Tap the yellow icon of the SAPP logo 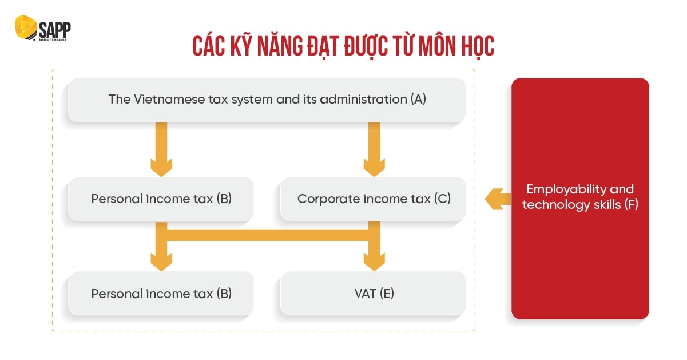pyautogui.click(x=26, y=27)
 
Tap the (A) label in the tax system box pyautogui.click(x=418, y=100)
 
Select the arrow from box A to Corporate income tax pyautogui.click(x=374, y=149)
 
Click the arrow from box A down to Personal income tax pyautogui.click(x=161, y=149)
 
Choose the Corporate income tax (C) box pyautogui.click(x=373, y=199)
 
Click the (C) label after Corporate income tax pyautogui.click(x=442, y=199)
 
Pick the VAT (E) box pyautogui.click(x=373, y=294)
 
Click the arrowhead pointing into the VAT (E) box pyautogui.click(x=374, y=262)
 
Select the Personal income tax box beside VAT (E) pyautogui.click(x=161, y=294)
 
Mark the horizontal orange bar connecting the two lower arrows pyautogui.click(x=268, y=235)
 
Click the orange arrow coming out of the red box pyautogui.click(x=498, y=199)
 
